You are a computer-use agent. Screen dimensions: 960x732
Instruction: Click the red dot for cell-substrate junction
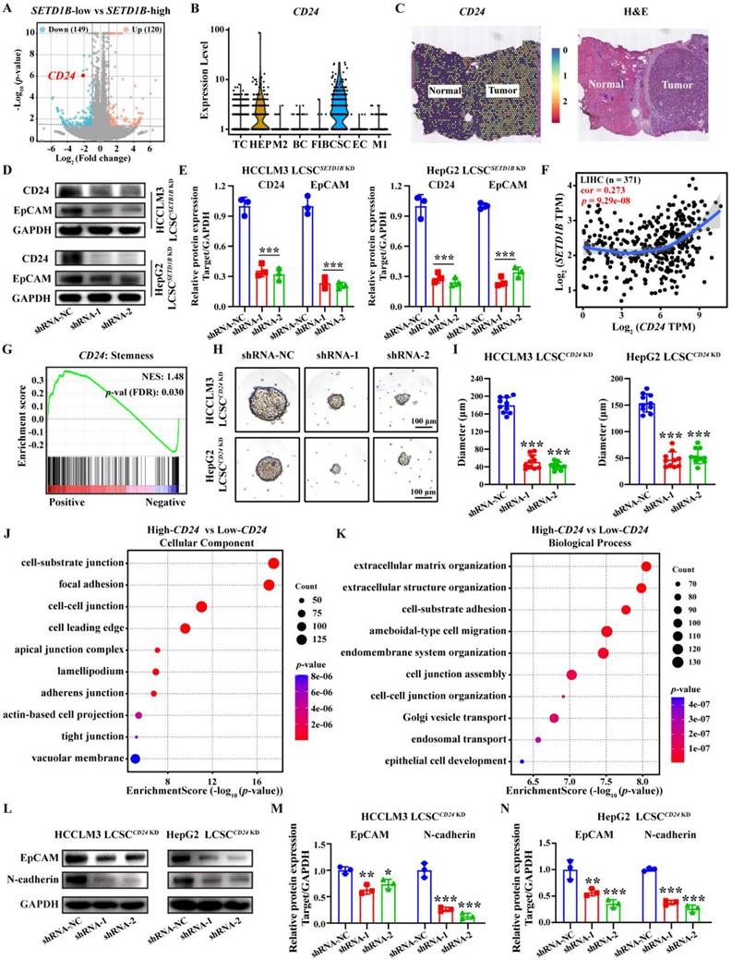(273, 564)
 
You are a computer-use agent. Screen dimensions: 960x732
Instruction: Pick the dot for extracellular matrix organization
(646, 566)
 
